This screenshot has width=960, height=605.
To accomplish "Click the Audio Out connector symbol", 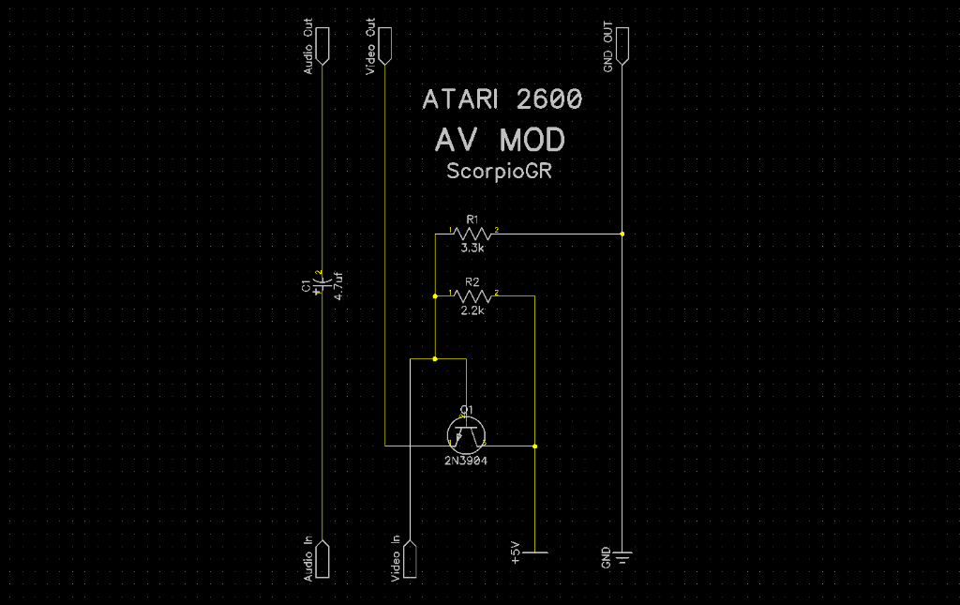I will (x=321, y=46).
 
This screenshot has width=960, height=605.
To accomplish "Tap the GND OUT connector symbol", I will (x=622, y=46).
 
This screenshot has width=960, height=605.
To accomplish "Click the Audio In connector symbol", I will (x=321, y=560).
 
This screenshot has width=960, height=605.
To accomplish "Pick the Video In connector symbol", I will (x=411, y=560).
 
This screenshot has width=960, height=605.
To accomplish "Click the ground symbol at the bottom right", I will (x=622, y=557).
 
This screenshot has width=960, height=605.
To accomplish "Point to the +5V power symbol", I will (x=534, y=552).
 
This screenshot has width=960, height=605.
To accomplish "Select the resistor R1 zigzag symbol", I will (x=472, y=232).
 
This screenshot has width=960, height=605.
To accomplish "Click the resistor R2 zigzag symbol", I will (x=472, y=295).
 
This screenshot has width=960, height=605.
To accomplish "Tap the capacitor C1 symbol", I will (x=321, y=280).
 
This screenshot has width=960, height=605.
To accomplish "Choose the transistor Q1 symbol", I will (x=466, y=432).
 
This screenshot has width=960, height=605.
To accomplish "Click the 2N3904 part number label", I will (x=466, y=461).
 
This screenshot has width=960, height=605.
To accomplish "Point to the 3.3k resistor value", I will (x=472, y=250).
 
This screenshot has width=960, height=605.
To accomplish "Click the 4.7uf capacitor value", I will (x=338, y=285).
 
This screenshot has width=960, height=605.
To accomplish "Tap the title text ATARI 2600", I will (x=502, y=99).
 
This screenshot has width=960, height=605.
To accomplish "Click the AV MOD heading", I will (x=501, y=141).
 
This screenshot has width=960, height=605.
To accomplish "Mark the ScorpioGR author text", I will (x=503, y=173).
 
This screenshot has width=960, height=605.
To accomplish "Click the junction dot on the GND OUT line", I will (x=622, y=232).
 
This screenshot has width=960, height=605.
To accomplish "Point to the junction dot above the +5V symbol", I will (x=534, y=446).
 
